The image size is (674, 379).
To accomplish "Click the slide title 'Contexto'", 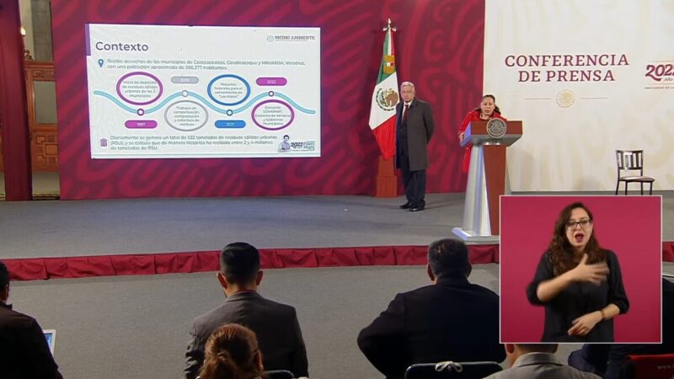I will click(x=121, y=46).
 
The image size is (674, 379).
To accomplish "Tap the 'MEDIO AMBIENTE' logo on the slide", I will click(x=291, y=38).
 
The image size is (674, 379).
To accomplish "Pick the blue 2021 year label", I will click(x=228, y=123).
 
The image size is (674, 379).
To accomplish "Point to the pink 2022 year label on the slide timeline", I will click(x=271, y=82).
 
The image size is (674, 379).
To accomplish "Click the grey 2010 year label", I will click(x=185, y=80).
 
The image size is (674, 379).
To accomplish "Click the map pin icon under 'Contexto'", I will click(x=100, y=62).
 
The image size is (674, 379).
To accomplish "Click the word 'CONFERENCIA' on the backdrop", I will click(x=566, y=61).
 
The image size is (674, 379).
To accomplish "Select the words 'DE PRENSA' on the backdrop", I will click(x=565, y=76).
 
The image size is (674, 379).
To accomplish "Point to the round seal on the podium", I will click(x=497, y=127).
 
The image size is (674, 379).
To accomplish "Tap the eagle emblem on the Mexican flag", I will click(x=387, y=99).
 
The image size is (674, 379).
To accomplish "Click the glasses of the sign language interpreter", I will click(x=578, y=224).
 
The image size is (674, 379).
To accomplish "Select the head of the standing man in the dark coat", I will click(x=408, y=90).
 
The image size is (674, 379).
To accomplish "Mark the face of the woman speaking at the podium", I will click(x=488, y=104).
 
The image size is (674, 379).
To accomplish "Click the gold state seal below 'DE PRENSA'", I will click(x=565, y=99).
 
